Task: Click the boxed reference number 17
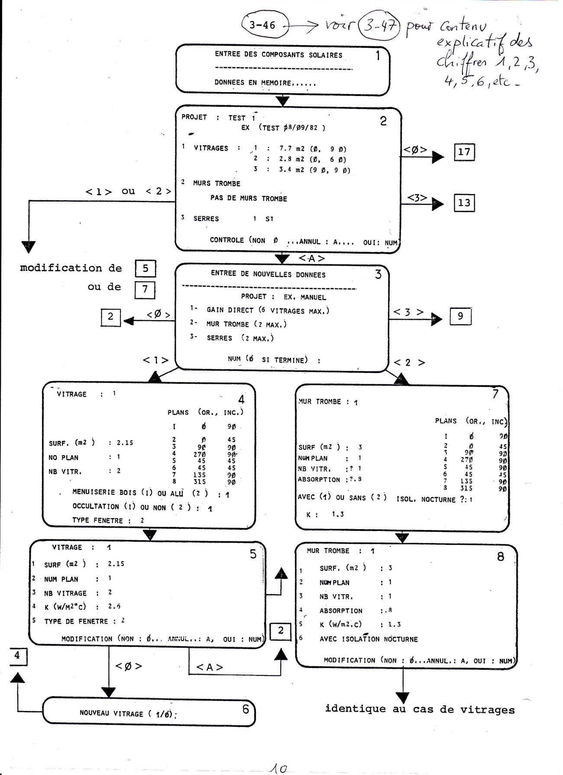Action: pyautogui.click(x=464, y=152)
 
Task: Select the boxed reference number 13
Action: pyautogui.click(x=464, y=203)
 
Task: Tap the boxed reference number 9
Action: pyautogui.click(x=460, y=316)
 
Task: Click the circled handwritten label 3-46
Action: pyautogui.click(x=262, y=25)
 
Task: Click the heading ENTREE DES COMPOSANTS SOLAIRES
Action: pyautogui.click(x=278, y=55)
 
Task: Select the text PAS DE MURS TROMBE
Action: pyautogui.click(x=249, y=199)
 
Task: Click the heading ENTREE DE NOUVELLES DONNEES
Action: pyautogui.click(x=268, y=274)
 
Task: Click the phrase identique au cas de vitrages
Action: pyautogui.click(x=420, y=709)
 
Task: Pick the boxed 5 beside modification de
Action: pyautogui.click(x=145, y=268)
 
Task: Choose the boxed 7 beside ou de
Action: pyautogui.click(x=145, y=289)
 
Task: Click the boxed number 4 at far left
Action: pyautogui.click(x=17, y=655)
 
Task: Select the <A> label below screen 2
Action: pyautogui.click(x=312, y=259)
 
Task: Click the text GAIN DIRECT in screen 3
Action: pyautogui.click(x=230, y=310)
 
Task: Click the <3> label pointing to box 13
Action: pyautogui.click(x=417, y=198)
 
